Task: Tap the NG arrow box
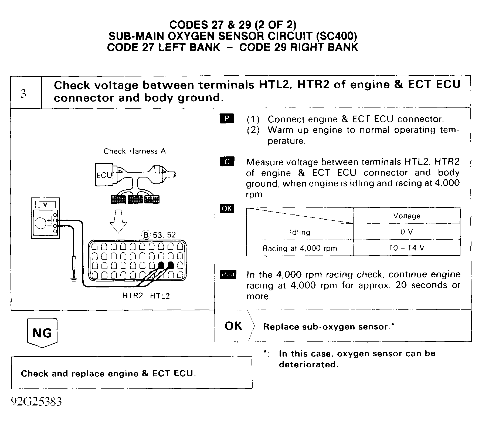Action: [x=42, y=333]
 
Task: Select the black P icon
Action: [x=227, y=119]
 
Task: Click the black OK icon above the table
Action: [x=227, y=209]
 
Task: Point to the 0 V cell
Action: [x=406, y=232]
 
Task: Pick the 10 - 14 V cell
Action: [x=406, y=248]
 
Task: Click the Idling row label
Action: [x=300, y=232]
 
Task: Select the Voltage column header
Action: [x=406, y=216]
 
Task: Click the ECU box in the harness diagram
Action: [x=104, y=175]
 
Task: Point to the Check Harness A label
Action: [x=135, y=151]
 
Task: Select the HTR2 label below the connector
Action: [x=133, y=296]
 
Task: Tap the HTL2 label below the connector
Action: [x=160, y=296]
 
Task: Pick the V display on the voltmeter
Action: [x=45, y=204]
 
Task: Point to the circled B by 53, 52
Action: [x=146, y=235]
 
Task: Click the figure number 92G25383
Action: [x=36, y=402]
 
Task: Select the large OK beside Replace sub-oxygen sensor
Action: [x=234, y=326]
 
